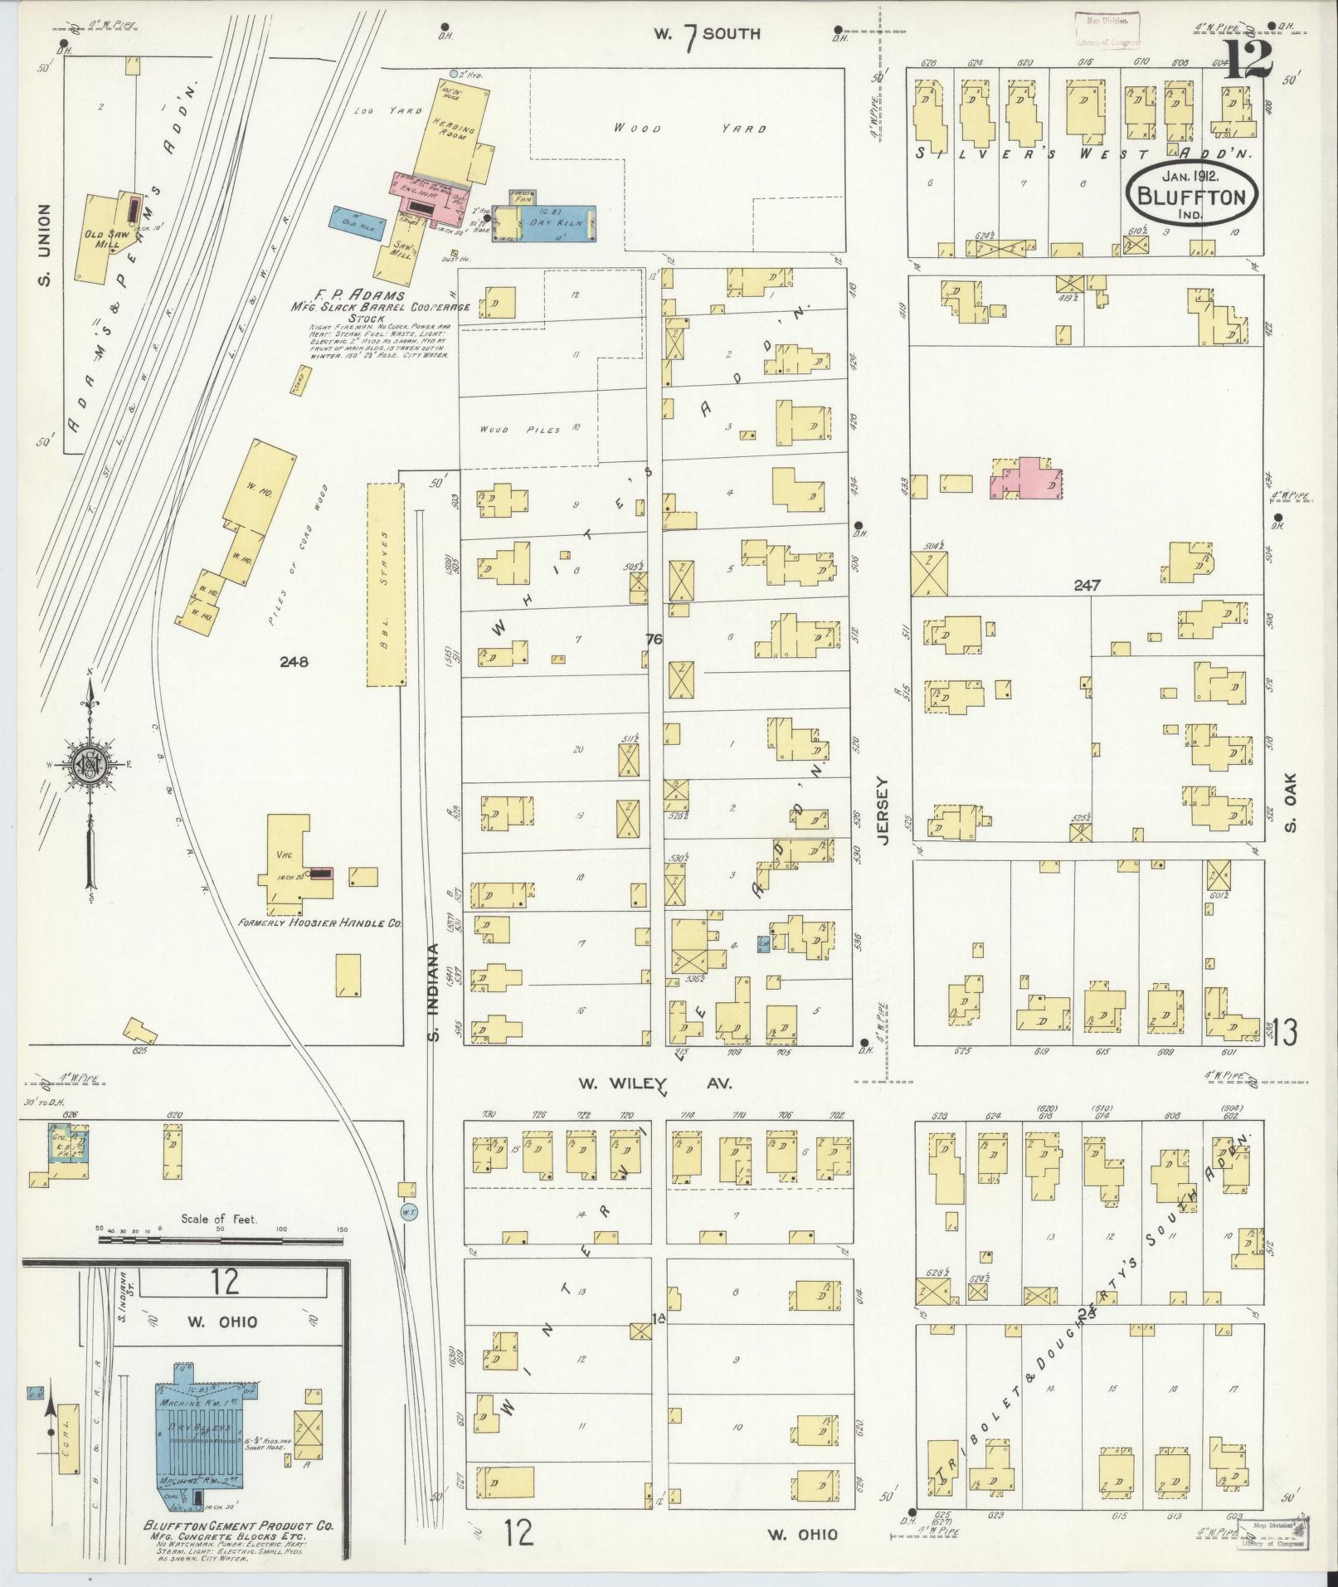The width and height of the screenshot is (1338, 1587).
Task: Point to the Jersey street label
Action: tap(881, 811)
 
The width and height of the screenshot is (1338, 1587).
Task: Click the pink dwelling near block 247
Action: tap(1027, 479)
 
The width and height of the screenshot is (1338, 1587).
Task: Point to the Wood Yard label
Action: tap(689, 129)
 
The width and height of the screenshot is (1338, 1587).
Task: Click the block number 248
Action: tap(294, 662)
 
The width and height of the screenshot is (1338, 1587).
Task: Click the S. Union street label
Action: tap(43, 246)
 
